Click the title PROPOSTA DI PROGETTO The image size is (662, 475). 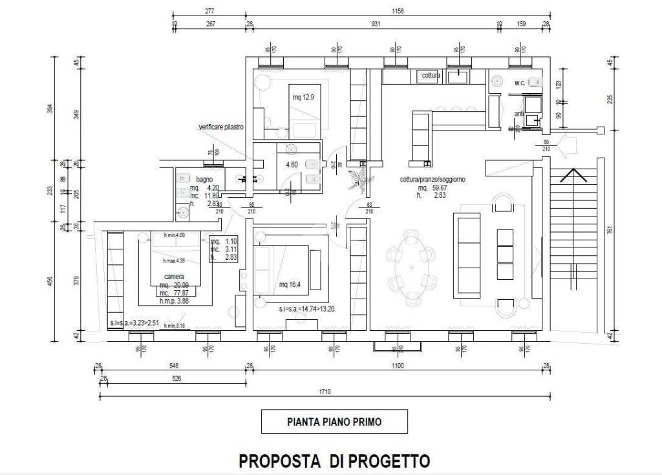334,461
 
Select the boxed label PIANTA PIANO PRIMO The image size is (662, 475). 334,422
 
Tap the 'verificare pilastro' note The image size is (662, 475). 220,128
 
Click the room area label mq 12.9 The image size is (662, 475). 303,98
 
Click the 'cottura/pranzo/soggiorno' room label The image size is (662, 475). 432,179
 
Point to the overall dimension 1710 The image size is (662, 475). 325,392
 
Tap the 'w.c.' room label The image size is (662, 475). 520,83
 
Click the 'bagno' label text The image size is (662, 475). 204,178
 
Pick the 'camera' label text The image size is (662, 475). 174,277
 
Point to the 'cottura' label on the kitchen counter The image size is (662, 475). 431,76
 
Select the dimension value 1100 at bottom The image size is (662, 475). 397,366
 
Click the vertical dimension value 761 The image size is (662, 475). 610,229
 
